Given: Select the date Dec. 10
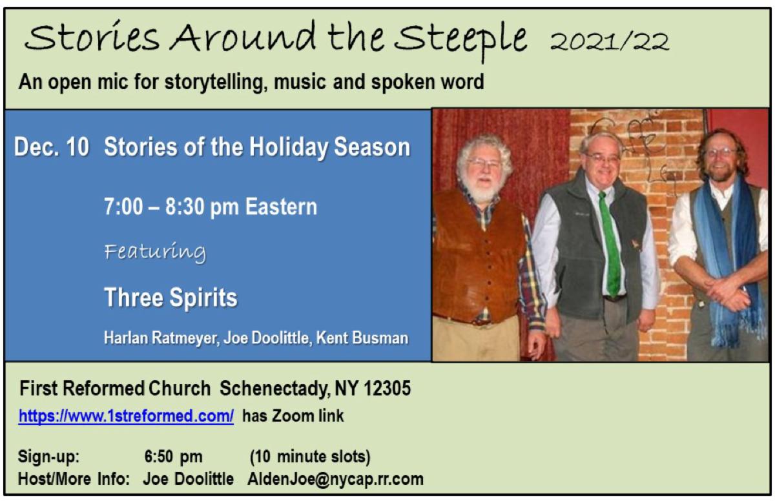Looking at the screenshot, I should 52,147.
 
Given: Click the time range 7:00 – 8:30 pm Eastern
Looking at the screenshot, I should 211,207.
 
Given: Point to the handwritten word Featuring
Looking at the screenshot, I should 155,252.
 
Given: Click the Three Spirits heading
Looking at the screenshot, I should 170,298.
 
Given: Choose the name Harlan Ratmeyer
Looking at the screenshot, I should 160,338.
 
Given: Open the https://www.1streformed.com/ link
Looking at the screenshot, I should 126,416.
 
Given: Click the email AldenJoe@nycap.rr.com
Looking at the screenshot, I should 335,479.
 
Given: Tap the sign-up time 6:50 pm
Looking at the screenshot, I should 173,457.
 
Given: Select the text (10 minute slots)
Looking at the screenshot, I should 310,457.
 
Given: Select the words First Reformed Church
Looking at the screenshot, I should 115,389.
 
